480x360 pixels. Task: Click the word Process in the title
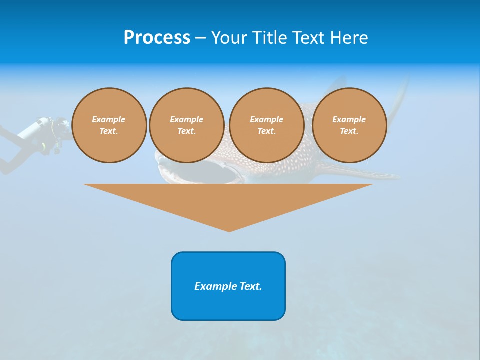coord(157,38)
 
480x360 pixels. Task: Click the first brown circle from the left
coord(109,125)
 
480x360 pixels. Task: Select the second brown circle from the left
coord(187,125)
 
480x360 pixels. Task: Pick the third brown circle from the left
coord(267,125)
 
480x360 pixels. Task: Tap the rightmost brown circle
coord(349,125)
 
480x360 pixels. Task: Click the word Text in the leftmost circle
coord(108,131)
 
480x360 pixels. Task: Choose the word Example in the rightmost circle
coord(349,119)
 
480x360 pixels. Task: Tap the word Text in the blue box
coord(250,286)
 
